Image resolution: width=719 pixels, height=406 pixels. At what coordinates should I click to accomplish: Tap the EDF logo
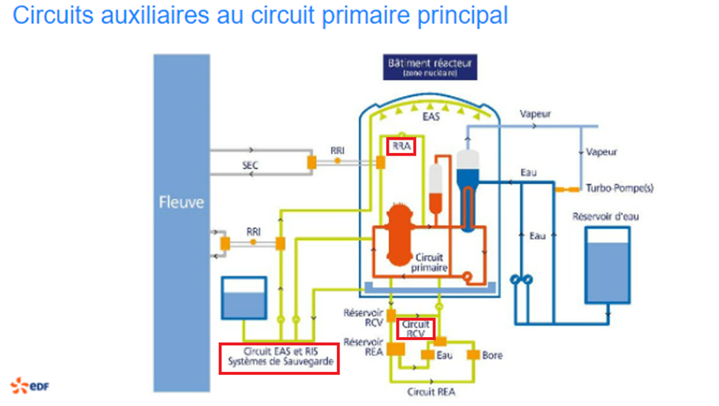[x=27, y=385]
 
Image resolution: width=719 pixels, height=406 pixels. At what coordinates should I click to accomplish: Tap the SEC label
[x=251, y=165]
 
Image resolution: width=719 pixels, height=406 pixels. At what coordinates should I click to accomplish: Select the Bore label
[x=492, y=355]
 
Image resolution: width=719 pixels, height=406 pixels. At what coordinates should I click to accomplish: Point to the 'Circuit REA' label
[x=431, y=391]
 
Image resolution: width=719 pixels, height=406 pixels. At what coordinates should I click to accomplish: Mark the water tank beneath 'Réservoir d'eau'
[x=606, y=266]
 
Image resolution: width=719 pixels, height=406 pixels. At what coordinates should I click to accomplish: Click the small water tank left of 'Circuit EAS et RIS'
[x=245, y=297]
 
